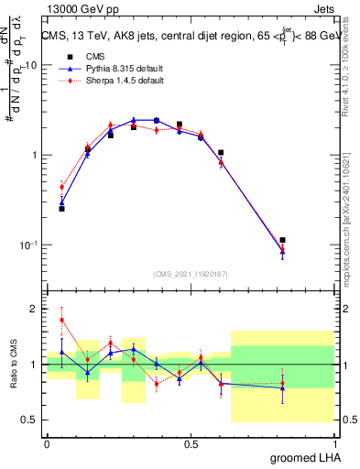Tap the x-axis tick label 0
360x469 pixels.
[x=47, y=442]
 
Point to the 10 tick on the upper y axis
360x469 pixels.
[x=30, y=66]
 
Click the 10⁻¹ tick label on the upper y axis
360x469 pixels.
[x=28, y=245]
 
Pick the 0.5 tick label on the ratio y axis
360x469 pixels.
[x=30, y=420]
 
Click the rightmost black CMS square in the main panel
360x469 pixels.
[x=282, y=240]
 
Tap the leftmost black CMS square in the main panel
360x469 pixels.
[x=61, y=209]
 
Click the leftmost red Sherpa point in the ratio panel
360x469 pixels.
[x=61, y=321]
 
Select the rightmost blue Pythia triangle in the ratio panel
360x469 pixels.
[x=282, y=388]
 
